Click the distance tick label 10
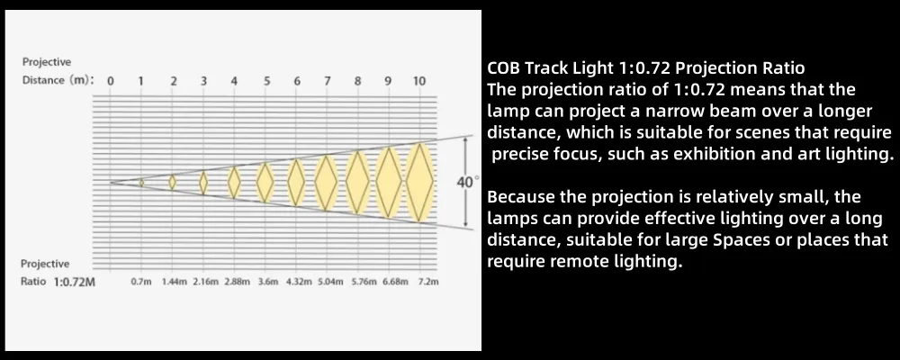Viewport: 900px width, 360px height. [419, 81]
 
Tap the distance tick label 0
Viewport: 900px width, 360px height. [111, 81]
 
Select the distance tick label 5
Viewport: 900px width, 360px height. [266, 81]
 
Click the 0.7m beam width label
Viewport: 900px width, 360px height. [141, 282]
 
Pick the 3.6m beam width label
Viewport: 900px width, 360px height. [268, 282]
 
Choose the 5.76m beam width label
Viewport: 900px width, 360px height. [364, 282]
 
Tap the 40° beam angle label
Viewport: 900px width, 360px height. [466, 182]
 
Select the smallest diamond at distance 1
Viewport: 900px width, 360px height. [141, 183]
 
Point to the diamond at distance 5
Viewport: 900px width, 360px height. [265, 182]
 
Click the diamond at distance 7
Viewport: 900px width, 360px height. [325, 182]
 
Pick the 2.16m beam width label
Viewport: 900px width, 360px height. [206, 282]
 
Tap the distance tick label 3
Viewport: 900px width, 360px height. [204, 81]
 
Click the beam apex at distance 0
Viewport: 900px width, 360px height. [112, 182]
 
